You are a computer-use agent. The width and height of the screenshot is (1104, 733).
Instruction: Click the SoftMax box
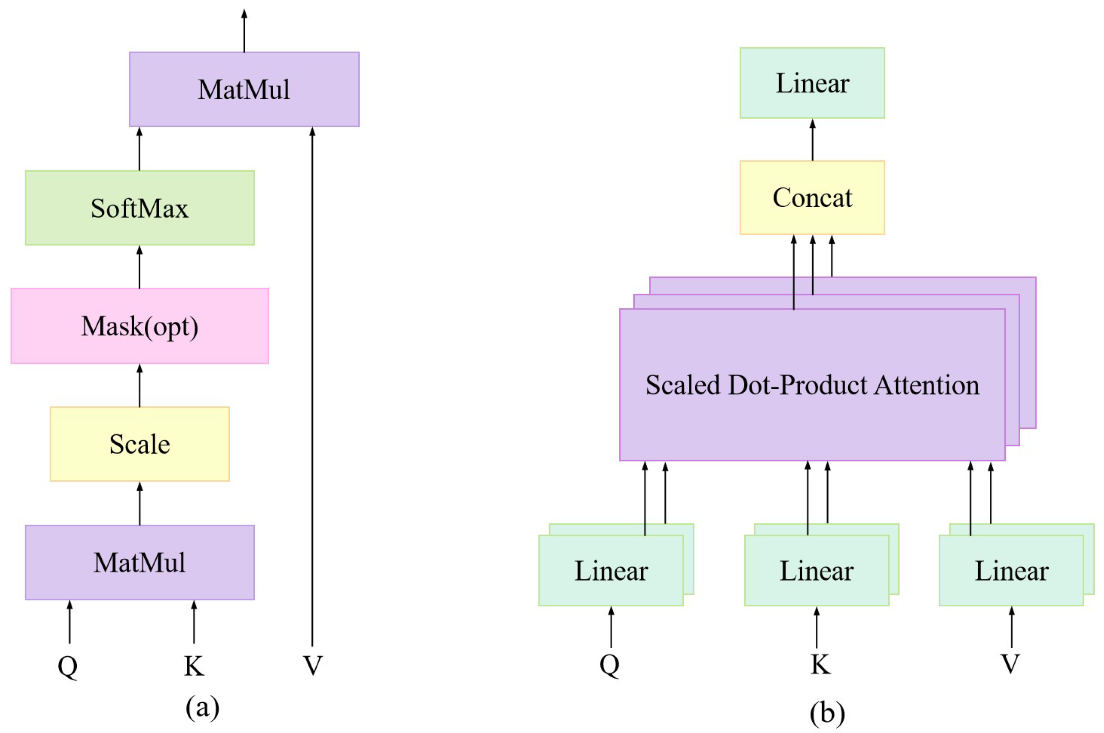tap(139, 208)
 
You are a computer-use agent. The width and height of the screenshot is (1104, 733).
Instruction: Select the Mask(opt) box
tap(139, 326)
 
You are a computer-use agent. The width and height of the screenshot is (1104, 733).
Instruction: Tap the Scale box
tap(139, 444)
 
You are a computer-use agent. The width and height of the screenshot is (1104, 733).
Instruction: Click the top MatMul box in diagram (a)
tap(244, 89)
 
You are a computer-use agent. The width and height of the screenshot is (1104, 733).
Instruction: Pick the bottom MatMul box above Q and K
tap(139, 562)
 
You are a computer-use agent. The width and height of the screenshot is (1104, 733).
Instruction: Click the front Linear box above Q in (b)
tap(611, 570)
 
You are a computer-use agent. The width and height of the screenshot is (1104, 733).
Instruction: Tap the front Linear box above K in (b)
tap(816, 570)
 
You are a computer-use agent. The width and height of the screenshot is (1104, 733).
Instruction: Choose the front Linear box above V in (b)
tap(1011, 570)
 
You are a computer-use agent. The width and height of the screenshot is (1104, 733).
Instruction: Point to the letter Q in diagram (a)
tap(68, 666)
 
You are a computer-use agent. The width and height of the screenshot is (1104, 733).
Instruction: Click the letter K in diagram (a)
tap(194, 666)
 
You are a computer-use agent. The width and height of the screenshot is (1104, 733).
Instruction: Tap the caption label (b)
tap(827, 713)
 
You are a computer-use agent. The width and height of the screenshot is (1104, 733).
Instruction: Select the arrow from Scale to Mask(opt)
tap(139, 385)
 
